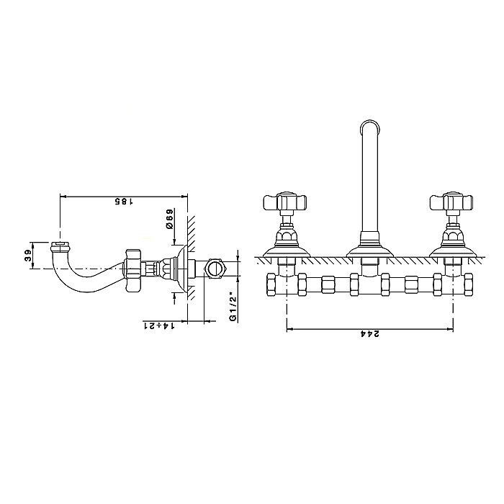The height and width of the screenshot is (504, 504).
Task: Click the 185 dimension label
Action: click(x=124, y=201)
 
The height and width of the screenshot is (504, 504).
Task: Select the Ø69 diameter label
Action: click(x=169, y=219)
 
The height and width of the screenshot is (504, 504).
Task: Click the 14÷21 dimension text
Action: click(x=159, y=325)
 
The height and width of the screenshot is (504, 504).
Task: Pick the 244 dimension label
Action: click(x=370, y=334)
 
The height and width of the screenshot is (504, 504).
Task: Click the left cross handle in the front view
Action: click(x=285, y=202)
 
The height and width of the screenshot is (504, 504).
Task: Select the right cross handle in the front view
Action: click(x=451, y=202)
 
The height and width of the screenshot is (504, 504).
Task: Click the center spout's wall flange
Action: click(x=370, y=251)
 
